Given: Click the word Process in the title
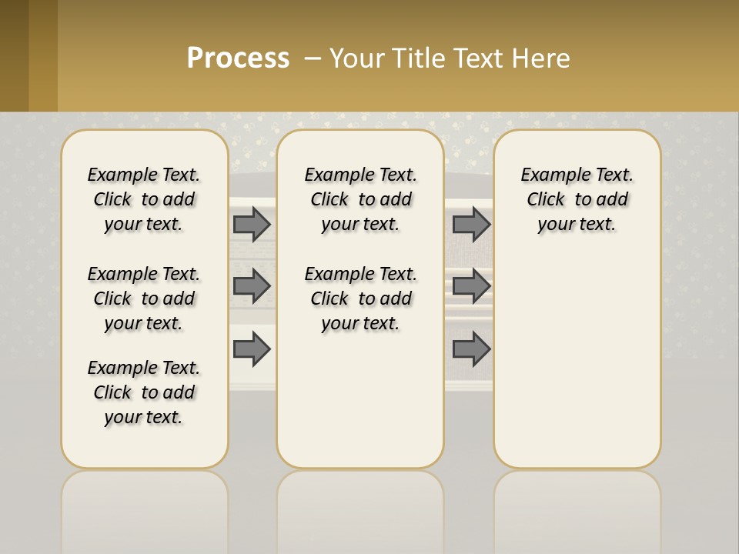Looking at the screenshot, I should pos(238,58).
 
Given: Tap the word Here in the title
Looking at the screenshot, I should pos(540,58).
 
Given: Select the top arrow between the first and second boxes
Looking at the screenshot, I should pos(252,224).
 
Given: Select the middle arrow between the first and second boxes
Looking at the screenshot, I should pos(252,286).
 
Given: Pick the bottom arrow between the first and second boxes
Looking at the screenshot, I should pos(252,349).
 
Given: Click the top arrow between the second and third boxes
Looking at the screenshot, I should pos(471,224).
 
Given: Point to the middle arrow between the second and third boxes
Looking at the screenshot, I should pos(471,286).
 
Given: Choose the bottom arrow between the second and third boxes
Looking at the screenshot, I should pos(471,349).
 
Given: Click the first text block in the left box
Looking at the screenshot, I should pos(144,199).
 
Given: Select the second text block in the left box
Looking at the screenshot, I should pos(144,299).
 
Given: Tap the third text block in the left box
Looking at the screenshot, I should pos(144,392).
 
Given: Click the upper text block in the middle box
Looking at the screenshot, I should pos(360,199).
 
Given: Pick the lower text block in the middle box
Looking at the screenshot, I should pos(360,299).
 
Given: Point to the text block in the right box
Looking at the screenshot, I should pos(577,199).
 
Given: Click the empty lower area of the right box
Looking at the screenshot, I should pos(577,362).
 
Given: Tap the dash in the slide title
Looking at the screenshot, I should pos(313,58).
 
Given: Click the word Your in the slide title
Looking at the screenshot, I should pos(357,58).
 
